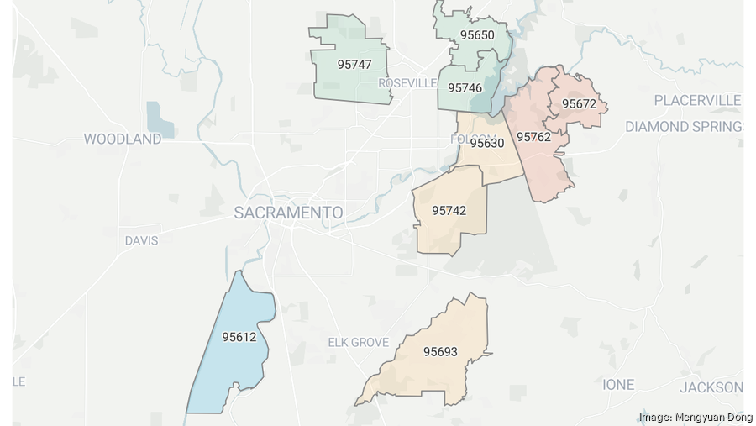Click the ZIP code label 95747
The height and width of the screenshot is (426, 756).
(x=354, y=64)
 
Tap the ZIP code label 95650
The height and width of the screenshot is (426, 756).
(x=476, y=35)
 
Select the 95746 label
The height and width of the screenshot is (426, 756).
(x=465, y=87)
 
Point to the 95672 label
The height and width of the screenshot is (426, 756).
(x=579, y=104)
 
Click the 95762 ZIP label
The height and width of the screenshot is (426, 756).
(x=533, y=136)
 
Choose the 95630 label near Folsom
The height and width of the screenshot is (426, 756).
(x=486, y=143)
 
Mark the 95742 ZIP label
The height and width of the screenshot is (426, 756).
(x=449, y=210)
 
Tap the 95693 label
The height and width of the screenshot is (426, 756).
(x=440, y=351)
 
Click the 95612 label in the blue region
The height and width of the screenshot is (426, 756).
(x=239, y=337)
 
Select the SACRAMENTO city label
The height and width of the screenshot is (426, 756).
(x=288, y=213)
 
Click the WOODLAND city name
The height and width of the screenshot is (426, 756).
(x=122, y=139)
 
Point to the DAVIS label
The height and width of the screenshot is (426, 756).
(x=141, y=240)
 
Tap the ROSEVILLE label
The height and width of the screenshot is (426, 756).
(x=407, y=83)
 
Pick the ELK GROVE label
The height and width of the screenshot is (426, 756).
(x=358, y=342)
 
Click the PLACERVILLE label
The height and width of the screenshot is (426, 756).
(x=697, y=100)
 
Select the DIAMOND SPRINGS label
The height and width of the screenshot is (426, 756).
(x=685, y=126)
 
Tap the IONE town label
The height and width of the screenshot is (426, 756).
(x=618, y=384)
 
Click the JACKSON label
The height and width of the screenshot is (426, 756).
(x=710, y=387)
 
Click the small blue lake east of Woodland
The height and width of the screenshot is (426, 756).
(x=158, y=119)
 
